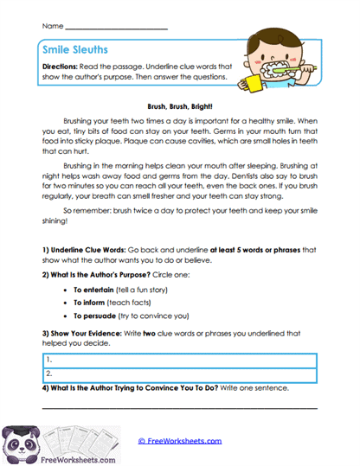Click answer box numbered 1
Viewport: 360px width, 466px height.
179,358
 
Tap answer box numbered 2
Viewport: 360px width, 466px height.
179,373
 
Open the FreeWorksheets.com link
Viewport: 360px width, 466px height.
179,440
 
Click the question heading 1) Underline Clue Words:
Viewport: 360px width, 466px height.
84,250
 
